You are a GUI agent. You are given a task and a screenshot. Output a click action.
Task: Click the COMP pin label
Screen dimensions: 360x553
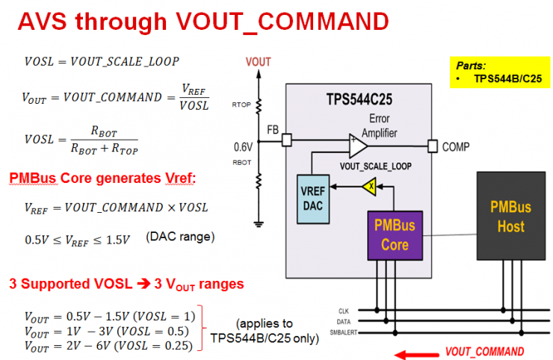click(x=456, y=147)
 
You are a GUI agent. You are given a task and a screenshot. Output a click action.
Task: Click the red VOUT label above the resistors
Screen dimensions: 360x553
click(x=258, y=62)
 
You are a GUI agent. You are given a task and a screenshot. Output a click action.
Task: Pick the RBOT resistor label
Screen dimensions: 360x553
click(x=240, y=161)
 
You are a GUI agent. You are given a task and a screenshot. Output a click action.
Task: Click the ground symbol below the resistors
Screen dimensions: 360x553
click(x=258, y=223)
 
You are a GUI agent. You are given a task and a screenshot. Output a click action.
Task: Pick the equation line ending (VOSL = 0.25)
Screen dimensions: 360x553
click(x=109, y=345)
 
